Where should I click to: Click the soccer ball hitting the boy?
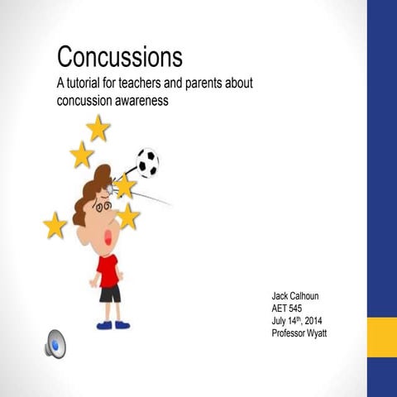tap(147, 163)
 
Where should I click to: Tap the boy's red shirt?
tap(108, 270)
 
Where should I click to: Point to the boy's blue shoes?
tap(114, 325)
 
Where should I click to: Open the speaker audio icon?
tap(55, 342)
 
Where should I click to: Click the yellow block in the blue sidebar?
tap(381, 335)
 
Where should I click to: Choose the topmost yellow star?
tap(98, 128)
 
